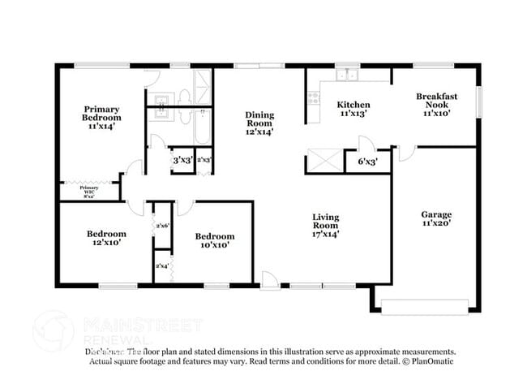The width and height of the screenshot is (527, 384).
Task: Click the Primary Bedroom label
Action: [101, 118]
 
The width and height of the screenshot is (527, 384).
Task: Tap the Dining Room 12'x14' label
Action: [259, 123]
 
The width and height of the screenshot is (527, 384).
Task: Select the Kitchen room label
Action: [353, 109]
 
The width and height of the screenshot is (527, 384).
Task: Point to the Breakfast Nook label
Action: [436, 105]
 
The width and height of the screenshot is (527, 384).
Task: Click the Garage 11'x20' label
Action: [435, 218]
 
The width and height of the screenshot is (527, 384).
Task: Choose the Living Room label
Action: [326, 225]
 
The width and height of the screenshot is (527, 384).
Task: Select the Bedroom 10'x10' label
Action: [215, 240]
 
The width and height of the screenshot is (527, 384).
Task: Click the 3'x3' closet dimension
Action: [182, 160]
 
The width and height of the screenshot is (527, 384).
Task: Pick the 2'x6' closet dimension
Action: [162, 227]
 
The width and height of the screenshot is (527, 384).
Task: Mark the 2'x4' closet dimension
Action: [162, 265]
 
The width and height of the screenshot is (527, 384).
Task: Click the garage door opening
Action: [424, 308]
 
